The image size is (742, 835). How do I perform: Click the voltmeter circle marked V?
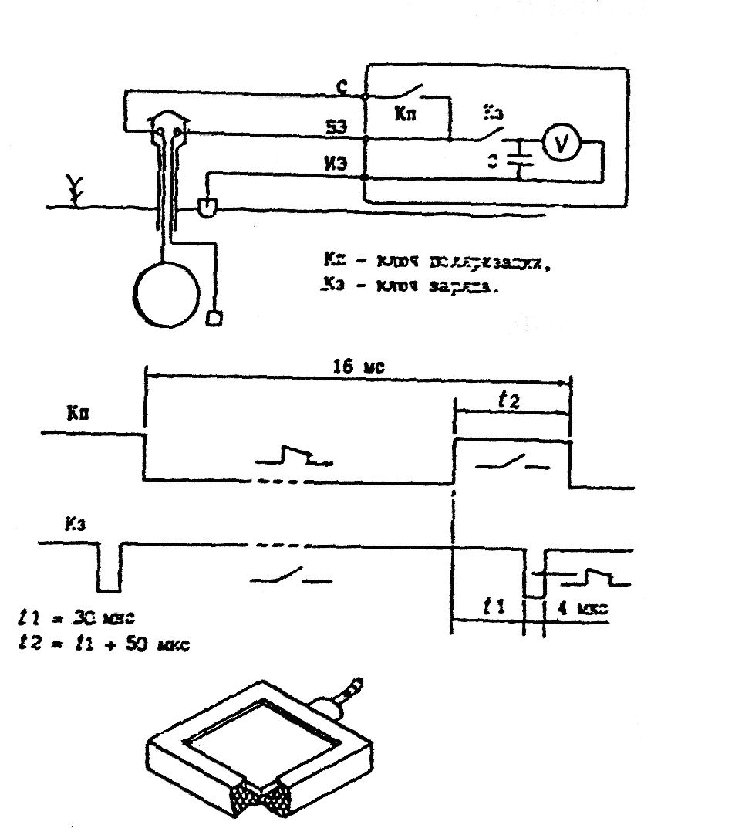pyautogui.click(x=561, y=145)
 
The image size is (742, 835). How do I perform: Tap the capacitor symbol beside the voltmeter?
pyautogui.click(x=519, y=160)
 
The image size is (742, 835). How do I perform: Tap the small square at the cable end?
pyautogui.click(x=214, y=317)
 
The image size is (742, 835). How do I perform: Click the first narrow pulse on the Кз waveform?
pyautogui.click(x=108, y=567)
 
